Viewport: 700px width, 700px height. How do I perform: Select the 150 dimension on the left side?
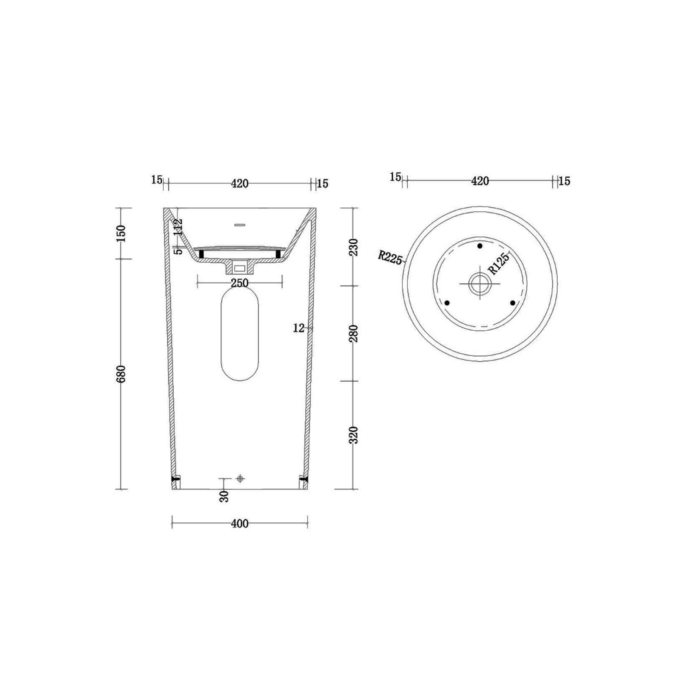coord(121,233)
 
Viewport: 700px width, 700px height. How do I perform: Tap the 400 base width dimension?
coord(240,524)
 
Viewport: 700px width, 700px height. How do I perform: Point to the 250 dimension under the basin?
coord(240,283)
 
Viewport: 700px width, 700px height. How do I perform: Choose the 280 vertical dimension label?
coord(354,333)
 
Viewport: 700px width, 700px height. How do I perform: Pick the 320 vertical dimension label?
coord(354,435)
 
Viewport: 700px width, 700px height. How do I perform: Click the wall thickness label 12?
coord(299,328)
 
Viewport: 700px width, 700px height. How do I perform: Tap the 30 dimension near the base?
coord(224,496)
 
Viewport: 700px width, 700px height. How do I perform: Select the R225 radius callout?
coord(390,257)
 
